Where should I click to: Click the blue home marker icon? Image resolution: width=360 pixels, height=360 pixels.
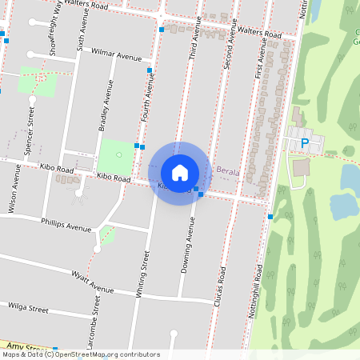(180, 173)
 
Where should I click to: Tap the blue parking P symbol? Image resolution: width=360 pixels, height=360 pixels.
(305, 143)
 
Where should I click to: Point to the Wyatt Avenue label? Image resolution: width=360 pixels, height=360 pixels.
(92, 282)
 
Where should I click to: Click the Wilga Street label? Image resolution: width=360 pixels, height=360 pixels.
(28, 306)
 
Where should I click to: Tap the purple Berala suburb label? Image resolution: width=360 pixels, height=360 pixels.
(229, 170)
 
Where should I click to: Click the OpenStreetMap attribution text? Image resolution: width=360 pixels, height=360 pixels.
(81, 354)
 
